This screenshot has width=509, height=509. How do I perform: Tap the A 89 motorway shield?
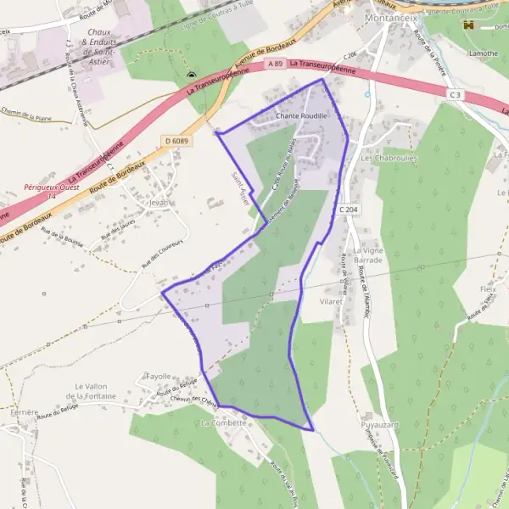coord(273,64)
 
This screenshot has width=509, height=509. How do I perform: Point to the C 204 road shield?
coord(347,209)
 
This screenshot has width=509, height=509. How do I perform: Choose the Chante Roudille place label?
coord(301,115)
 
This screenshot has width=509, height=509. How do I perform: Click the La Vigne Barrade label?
coord(369,255)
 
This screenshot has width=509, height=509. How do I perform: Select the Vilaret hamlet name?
coord(331,301)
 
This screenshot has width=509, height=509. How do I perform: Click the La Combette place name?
coord(221,422)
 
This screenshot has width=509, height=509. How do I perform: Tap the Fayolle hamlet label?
coord(159,376)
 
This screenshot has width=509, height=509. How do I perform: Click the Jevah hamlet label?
coord(159,203)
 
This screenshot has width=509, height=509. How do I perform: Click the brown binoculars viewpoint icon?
coord(467,25)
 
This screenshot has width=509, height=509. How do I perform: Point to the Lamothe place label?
coord(484,53)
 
